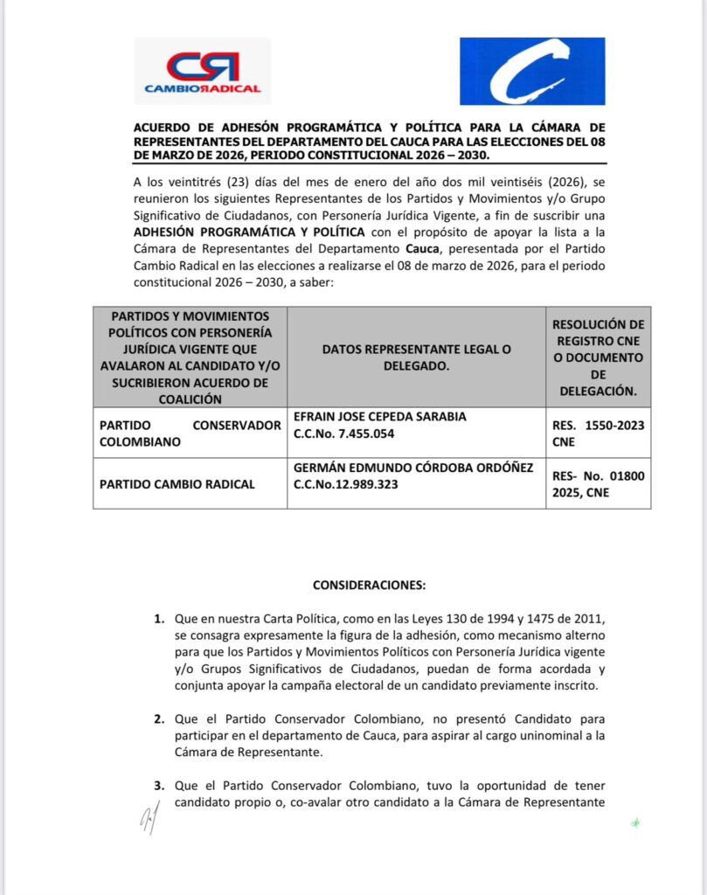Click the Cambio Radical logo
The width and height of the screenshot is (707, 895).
[202, 73]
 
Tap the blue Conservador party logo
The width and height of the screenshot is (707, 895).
[532, 71]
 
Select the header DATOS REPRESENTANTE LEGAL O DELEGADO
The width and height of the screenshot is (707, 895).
[416, 357]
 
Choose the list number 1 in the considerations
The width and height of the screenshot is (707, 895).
[159, 620]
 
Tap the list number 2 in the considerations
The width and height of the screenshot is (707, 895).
[159, 719]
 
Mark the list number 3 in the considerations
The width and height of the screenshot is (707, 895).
[159, 786]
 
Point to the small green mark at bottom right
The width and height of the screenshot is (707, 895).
[635, 822]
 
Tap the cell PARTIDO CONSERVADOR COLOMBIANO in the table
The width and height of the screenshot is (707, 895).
[189, 434]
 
